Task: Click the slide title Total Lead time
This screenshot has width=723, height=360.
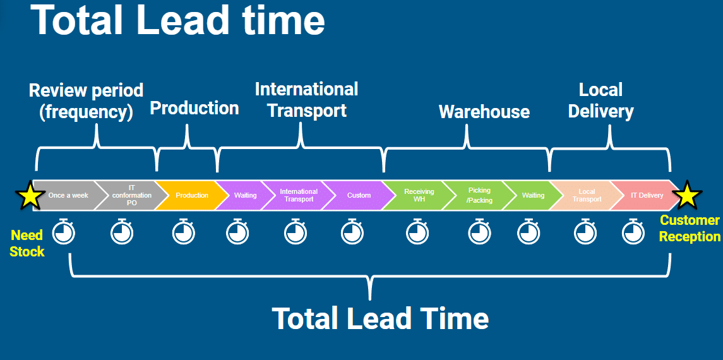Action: coord(177,20)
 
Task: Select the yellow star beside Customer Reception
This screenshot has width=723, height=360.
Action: coord(687,196)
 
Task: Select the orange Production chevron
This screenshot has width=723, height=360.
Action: coord(191,195)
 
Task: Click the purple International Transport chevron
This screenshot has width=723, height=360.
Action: coord(299,195)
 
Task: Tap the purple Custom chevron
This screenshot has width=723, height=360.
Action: coord(359,195)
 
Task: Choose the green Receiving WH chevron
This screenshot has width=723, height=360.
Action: coord(419,195)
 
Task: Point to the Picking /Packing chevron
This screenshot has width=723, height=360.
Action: coord(479,195)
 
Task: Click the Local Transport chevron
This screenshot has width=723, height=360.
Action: coord(587,195)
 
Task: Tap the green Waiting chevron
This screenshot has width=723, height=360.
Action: coord(533,195)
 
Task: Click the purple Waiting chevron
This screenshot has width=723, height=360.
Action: coord(245,195)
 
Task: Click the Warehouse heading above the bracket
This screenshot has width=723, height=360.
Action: coord(484,112)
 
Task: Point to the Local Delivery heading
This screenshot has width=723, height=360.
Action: coord(601,100)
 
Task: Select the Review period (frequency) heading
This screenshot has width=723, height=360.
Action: coord(86,101)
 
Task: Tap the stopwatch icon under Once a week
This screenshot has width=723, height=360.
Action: coord(64,232)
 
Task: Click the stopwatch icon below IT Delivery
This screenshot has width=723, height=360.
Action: coord(633,232)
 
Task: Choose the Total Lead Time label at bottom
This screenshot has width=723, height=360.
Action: coord(380,318)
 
